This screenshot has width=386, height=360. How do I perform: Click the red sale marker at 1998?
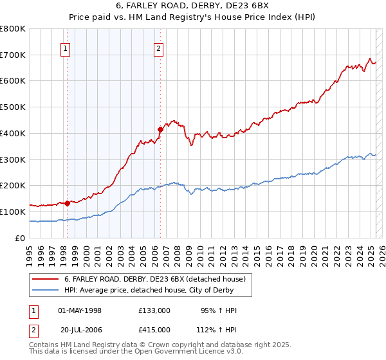tap(67, 203)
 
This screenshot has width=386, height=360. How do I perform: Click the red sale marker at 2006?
tap(160, 129)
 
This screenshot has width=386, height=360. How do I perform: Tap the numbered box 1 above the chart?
tap(66, 48)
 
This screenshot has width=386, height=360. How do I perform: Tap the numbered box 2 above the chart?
tap(158, 48)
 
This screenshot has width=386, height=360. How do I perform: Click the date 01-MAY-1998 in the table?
tap(80, 310)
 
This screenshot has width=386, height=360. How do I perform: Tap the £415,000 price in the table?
tap(154, 329)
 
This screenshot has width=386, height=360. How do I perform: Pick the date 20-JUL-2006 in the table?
tap(80, 329)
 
